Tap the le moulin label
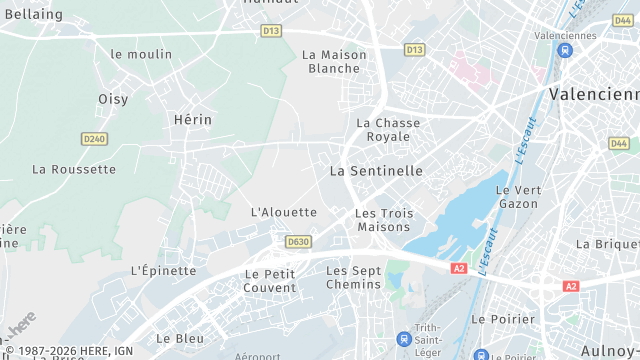[x=141, y=54]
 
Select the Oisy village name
[x=113, y=99]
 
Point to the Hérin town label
[x=193, y=119]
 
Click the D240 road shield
[x=94, y=139]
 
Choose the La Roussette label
[x=74, y=169]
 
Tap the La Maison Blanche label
[x=333, y=61]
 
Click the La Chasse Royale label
[x=388, y=129]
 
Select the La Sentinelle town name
[x=376, y=171]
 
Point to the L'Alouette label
[x=284, y=212]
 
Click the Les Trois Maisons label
[x=384, y=220]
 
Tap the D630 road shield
[x=297, y=241]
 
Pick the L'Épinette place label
[x=163, y=270]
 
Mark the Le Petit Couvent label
[x=270, y=280]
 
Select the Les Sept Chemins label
[x=354, y=277]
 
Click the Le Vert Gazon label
[x=517, y=196]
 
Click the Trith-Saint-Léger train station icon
[x=404, y=338]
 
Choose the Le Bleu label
[x=180, y=338]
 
